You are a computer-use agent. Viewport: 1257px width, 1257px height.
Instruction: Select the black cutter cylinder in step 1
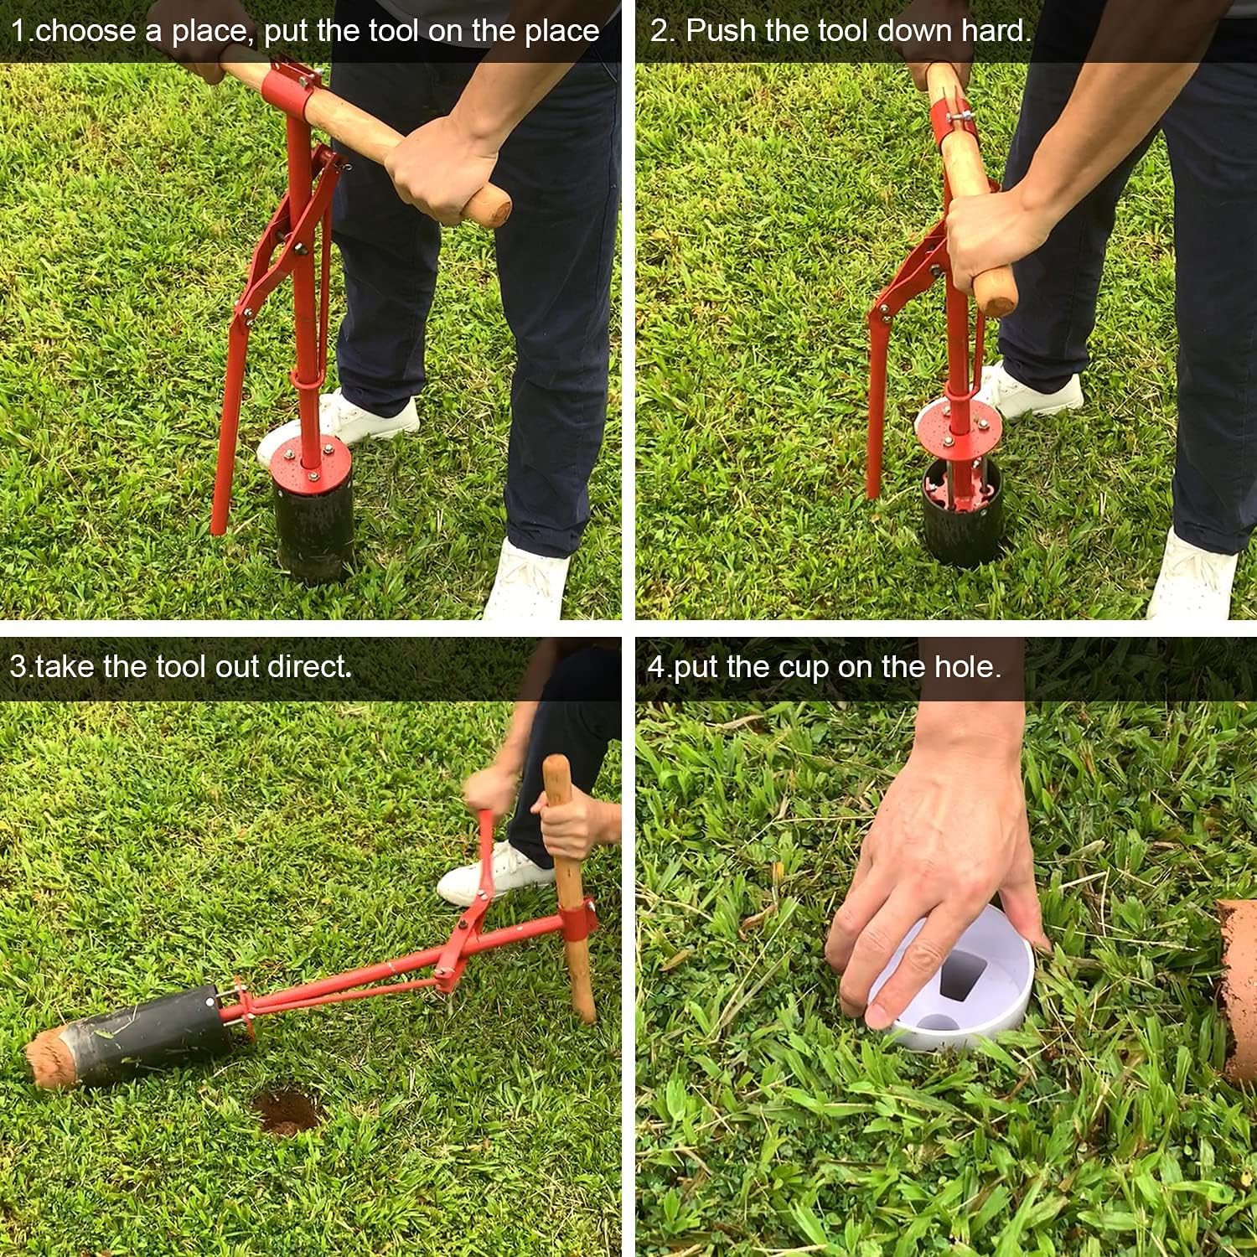pos(306,524)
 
